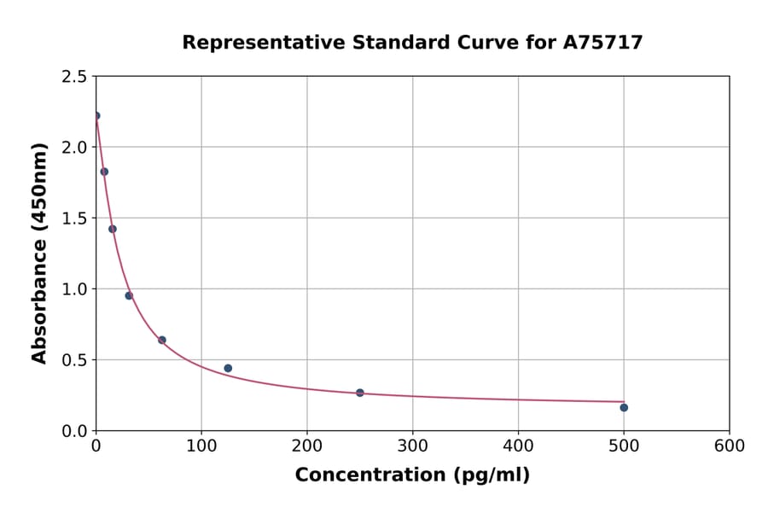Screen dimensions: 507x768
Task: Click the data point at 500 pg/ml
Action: point(624,407)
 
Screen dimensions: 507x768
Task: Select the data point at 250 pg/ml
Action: point(360,393)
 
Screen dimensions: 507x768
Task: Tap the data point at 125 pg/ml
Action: point(228,368)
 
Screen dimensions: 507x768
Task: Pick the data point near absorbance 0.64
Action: point(162,340)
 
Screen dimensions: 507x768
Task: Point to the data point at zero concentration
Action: point(96,115)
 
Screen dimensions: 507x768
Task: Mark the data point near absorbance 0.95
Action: point(129,295)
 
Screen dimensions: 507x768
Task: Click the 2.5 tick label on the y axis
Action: point(73,76)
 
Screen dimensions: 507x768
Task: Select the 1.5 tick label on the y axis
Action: point(73,218)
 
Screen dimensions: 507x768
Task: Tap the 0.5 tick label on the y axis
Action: point(73,359)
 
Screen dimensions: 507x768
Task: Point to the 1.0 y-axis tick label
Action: point(73,288)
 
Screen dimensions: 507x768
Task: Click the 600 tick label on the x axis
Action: point(729,446)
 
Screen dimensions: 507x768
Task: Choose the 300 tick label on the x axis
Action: point(412,446)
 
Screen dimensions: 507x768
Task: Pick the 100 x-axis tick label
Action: point(201,446)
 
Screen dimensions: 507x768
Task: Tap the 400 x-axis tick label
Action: point(518,446)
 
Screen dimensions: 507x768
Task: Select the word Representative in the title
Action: point(252,42)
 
